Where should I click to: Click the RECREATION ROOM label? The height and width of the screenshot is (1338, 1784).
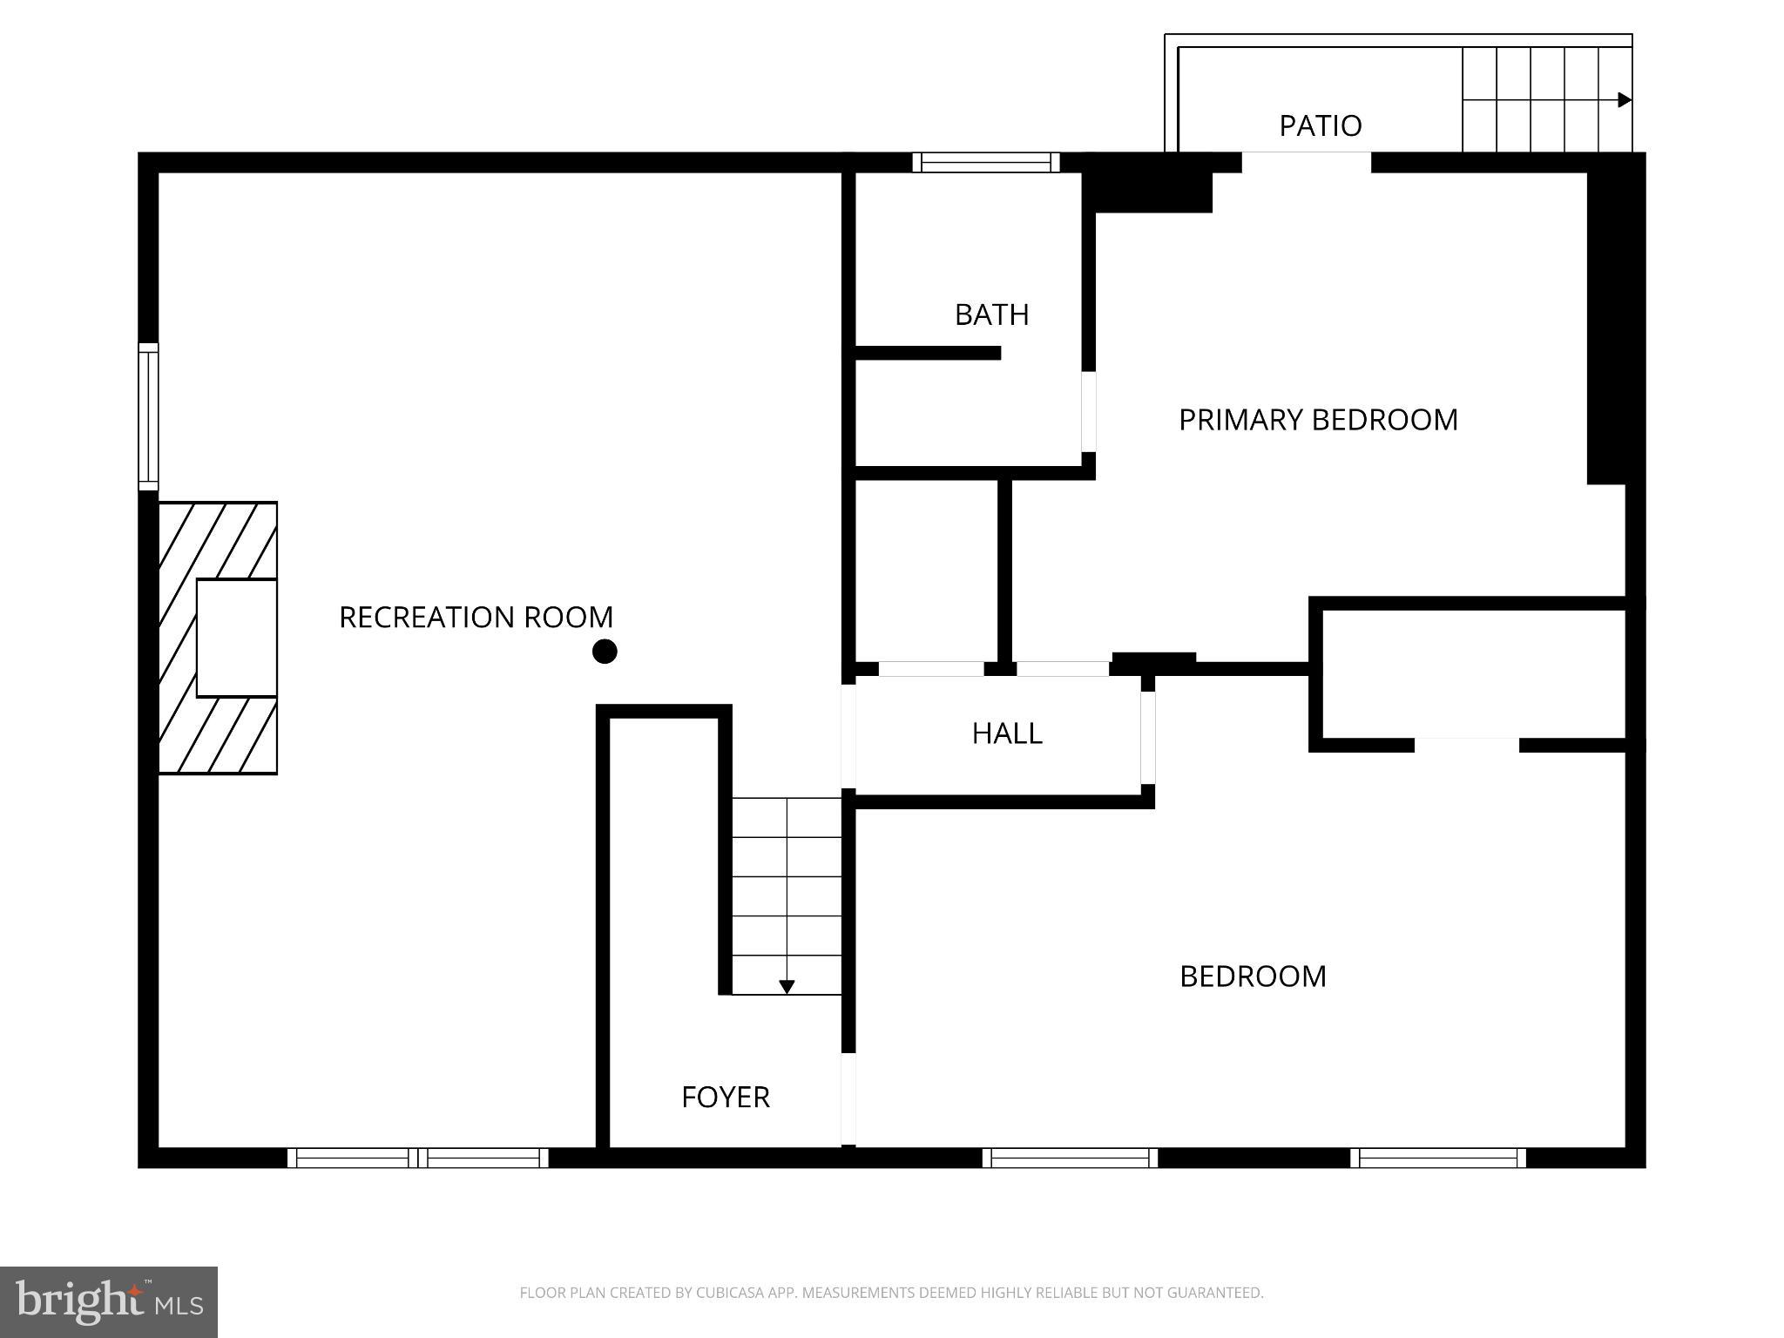[476, 617]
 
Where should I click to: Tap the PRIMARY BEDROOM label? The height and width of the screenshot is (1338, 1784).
[1317, 420]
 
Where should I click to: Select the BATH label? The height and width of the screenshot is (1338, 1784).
[991, 314]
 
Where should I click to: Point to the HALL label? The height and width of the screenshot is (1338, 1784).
[1007, 733]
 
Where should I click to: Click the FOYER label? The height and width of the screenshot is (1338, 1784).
[725, 1097]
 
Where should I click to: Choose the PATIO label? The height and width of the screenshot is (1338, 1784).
[1320, 125]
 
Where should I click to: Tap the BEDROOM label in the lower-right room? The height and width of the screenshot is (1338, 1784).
[1253, 976]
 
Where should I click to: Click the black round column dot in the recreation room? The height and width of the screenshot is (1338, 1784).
[605, 652]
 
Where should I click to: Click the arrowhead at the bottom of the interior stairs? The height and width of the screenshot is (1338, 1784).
[787, 987]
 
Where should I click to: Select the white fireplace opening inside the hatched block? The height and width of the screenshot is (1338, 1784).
[236, 638]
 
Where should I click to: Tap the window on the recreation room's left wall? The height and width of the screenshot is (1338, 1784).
[149, 416]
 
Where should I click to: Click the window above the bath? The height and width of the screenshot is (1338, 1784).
[986, 163]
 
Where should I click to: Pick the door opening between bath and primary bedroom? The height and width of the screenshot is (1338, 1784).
[1088, 411]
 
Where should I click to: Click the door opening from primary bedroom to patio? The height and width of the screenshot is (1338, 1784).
[1306, 163]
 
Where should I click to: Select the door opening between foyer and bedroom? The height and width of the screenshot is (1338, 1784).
[848, 1099]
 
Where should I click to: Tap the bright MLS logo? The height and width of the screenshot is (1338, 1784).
[109, 1301]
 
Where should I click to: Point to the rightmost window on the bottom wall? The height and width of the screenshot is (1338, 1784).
[1438, 1158]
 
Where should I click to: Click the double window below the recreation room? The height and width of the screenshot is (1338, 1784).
[418, 1158]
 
